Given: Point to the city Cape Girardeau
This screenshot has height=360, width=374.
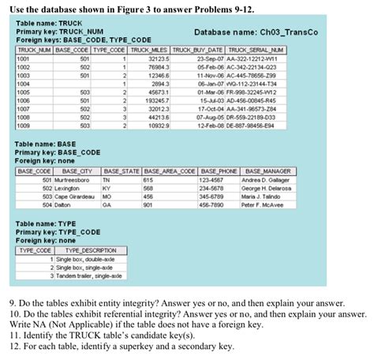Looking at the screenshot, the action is tap(72, 197).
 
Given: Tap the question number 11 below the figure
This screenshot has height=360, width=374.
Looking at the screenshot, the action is tap(13, 335).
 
